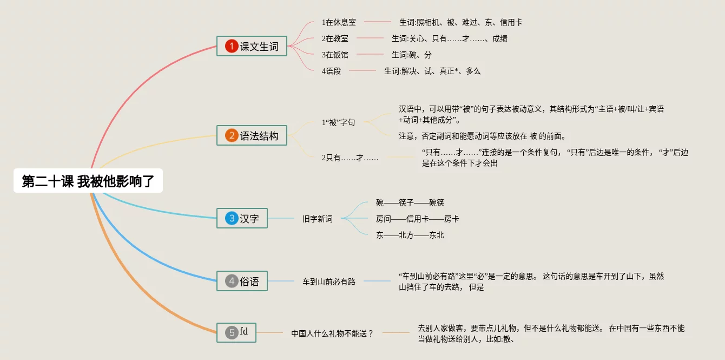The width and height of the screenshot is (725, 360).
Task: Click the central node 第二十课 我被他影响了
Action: [88, 181]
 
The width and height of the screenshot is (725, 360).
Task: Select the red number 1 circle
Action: [232, 47]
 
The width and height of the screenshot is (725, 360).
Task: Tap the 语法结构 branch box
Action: [252, 136]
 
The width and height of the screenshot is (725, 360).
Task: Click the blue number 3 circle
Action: [232, 219]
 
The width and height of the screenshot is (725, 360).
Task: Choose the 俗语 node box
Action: [242, 281]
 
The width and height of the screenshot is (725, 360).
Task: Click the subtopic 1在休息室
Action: [339, 22]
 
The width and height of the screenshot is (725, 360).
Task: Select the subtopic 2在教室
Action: [335, 38]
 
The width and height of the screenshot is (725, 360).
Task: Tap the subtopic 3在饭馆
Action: [335, 55]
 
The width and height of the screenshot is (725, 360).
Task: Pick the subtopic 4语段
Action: [331, 71]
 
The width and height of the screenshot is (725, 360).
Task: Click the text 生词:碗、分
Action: [412, 55]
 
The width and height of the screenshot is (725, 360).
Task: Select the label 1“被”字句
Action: [338, 122]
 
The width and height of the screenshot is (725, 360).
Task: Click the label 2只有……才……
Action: [350, 158]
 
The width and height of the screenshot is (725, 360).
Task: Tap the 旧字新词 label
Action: [318, 219]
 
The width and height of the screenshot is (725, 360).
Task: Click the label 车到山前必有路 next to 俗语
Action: [329, 282]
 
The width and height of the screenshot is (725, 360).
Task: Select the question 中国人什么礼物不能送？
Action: [333, 333]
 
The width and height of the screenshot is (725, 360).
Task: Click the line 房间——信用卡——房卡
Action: [418, 219]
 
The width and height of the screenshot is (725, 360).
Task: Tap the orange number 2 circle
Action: [232, 136]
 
